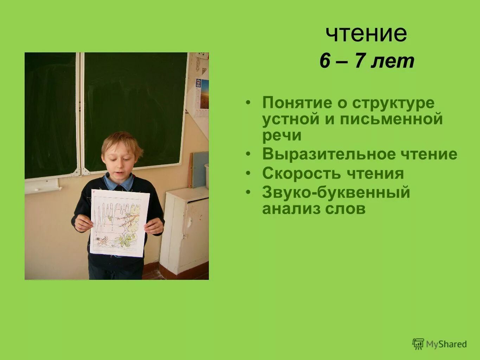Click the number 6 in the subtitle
325,61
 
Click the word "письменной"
391,119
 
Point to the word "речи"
282,135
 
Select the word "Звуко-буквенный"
336,192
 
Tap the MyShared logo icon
418,344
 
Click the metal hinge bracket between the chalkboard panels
81,172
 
